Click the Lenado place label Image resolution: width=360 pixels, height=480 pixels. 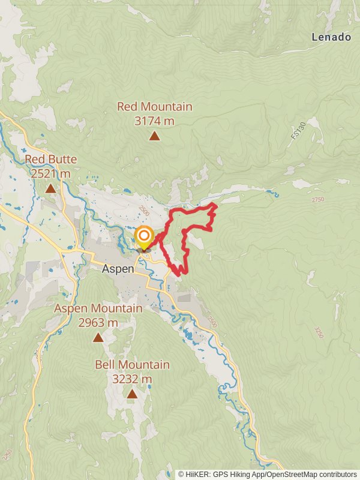331,37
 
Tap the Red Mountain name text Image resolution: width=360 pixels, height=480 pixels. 154,107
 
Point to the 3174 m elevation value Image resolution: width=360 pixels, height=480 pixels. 154,121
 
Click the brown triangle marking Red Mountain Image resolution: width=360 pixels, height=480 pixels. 154,136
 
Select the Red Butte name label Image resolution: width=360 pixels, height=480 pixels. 50,160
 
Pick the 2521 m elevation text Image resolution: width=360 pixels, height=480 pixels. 50,173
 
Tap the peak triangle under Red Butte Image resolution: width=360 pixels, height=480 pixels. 50,189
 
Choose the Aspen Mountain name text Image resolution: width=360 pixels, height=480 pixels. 98,308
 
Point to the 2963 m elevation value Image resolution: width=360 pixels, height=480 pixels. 98,322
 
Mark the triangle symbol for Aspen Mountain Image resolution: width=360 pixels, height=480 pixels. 98,338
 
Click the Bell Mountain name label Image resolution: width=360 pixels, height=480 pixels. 132,365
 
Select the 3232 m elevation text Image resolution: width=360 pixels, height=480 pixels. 132,379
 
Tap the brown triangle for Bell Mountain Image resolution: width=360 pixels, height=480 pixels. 132,394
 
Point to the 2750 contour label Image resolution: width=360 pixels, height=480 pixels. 317,199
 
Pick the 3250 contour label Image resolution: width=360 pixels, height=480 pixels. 318,332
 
